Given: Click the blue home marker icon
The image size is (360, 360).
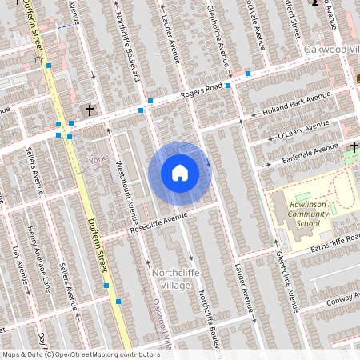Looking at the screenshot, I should (179, 173).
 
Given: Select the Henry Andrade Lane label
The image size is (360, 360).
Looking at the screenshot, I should (34, 249).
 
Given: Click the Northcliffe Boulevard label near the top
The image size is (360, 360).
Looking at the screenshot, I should (127, 44).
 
